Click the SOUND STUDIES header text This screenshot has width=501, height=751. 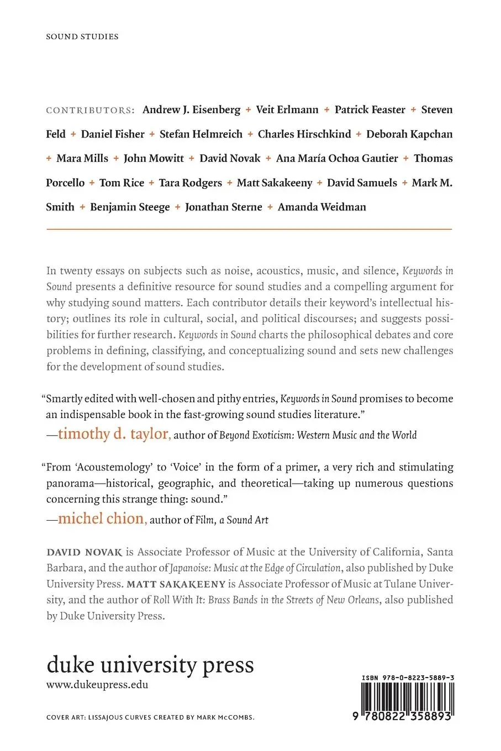[x=82, y=36]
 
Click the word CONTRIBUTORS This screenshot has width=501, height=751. [x=91, y=110]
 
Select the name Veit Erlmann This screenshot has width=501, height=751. [x=287, y=110]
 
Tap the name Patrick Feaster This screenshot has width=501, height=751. [x=370, y=110]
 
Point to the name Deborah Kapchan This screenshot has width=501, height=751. [x=409, y=134]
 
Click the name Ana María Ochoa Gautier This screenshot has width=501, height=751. [x=337, y=158]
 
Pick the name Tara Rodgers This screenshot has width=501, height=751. [x=191, y=183]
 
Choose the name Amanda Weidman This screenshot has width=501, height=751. [x=321, y=207]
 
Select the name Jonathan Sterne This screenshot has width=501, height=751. [x=224, y=207]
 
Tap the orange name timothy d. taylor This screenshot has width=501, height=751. [x=113, y=434]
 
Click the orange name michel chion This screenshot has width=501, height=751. [x=102, y=519]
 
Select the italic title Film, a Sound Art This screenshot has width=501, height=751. [x=232, y=520]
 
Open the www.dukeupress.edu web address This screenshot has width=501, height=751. [x=97, y=685]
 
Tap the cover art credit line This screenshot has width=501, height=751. [x=150, y=717]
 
